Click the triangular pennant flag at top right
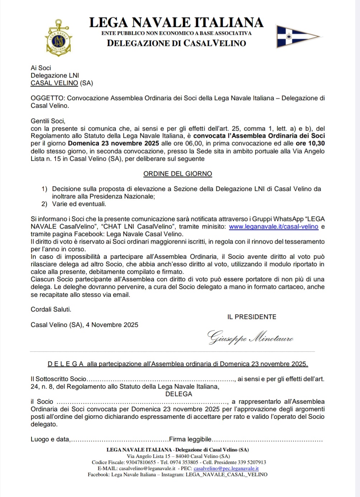[297, 36]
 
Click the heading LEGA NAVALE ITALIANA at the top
[176, 23]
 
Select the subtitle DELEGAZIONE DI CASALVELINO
[176, 43]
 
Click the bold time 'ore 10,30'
[311, 144]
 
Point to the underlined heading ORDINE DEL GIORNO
[177, 174]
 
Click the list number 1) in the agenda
[44, 189]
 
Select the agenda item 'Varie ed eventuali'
[79, 204]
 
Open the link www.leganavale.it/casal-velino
[274, 227]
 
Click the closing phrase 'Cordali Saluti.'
[51, 309]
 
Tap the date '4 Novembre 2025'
[112, 325]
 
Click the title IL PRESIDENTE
[252, 317]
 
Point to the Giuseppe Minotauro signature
[250, 337]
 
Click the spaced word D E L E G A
[66, 364]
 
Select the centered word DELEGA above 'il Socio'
[179, 394]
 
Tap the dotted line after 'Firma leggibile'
[267, 440]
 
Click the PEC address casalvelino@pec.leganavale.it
[226, 469]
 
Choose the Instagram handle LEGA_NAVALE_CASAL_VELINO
[226, 475]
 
